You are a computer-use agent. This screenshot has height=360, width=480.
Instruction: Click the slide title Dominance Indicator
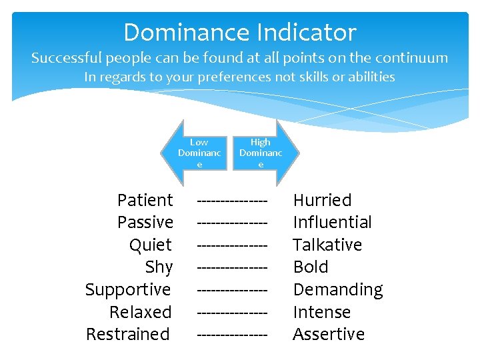240,32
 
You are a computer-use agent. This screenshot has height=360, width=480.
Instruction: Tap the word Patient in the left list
145,200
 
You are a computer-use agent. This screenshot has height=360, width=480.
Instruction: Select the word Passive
145,222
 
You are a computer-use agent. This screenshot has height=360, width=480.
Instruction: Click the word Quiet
151,245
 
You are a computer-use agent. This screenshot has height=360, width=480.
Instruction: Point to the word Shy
159,267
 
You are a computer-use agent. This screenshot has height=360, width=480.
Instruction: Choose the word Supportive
128,289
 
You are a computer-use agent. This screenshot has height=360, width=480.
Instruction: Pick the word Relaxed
140,312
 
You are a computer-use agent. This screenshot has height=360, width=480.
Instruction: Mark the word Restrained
128,334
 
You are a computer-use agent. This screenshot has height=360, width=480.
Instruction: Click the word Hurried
322,200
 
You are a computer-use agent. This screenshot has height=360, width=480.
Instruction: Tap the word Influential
332,222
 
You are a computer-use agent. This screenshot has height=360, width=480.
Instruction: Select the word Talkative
327,245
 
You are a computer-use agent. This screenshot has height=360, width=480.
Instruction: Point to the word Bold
311,267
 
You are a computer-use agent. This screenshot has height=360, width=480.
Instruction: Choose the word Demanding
338,289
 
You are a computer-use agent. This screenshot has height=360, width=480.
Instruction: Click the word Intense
321,312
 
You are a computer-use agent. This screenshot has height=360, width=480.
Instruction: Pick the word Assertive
329,334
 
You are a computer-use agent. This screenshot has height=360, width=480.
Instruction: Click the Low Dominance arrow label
199,153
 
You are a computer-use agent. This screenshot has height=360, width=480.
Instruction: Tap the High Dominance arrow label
261,153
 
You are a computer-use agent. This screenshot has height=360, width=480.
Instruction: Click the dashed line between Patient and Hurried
232,200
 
